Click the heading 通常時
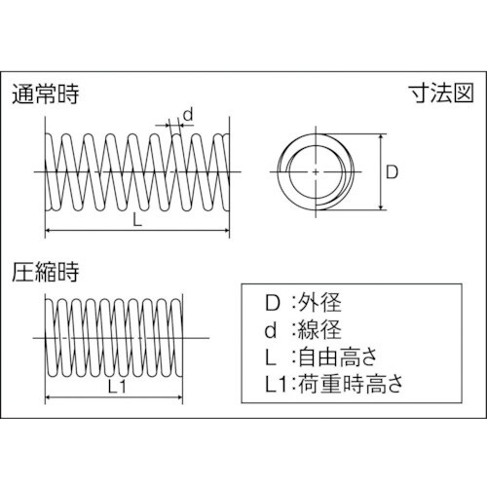(46, 94)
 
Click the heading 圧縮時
(46, 272)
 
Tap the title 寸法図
(441, 94)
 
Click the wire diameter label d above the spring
(188, 115)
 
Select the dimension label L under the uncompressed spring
(137, 221)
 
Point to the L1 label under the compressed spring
(117, 387)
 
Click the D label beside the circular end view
(392, 172)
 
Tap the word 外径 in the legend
(319, 302)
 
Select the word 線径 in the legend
(319, 329)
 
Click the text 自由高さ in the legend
(338, 356)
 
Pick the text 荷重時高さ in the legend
(351, 384)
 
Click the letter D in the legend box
(272, 303)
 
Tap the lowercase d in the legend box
(271, 329)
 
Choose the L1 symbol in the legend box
(276, 384)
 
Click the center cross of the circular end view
(316, 171)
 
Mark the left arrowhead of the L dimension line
(48, 231)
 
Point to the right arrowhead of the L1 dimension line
(180, 396)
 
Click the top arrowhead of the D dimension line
(381, 136)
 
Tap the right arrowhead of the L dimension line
(227, 231)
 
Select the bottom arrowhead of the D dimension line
(381, 206)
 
